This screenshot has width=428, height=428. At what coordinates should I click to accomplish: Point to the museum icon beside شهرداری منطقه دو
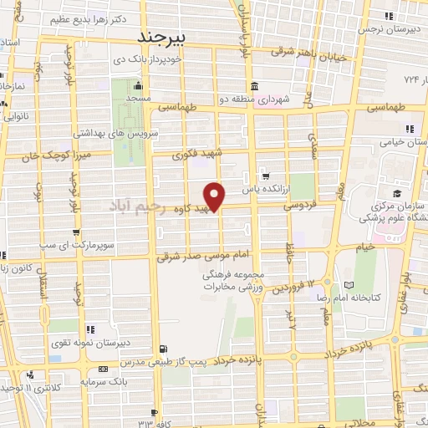[253, 88]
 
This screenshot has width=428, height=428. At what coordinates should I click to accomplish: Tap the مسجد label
[139, 99]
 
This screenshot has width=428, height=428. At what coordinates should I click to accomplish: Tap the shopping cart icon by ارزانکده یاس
[266, 176]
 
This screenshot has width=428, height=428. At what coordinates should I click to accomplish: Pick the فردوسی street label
[298, 204]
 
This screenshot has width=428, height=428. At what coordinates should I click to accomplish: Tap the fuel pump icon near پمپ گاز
[163, 349]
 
